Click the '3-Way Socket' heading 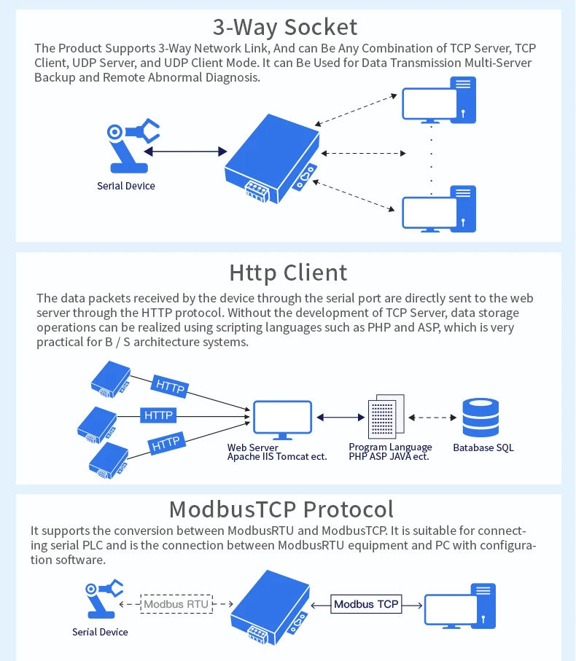coord(285,27)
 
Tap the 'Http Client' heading coord(288,273)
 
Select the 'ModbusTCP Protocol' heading coord(281,509)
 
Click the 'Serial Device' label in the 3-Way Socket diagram coord(126,186)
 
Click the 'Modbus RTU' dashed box coord(175,603)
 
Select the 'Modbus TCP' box coord(366,604)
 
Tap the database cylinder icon coord(481,418)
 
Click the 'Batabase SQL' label coord(483,447)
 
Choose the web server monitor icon coord(282,419)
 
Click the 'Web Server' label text coord(253,447)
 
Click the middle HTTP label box coord(158,415)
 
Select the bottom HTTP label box coord(165,442)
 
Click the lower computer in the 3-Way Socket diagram coord(440,209)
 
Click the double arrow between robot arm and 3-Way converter coord(185,152)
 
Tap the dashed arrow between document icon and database coord(432,418)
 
